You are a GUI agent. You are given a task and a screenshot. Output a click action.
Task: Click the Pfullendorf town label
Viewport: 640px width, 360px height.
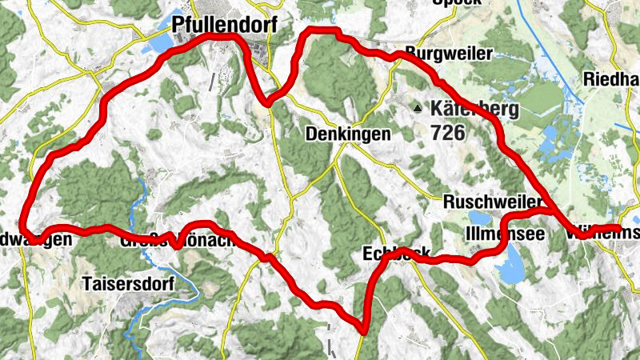pyautogui.click(x=224, y=26)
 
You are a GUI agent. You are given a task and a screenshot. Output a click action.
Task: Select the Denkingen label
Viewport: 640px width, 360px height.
pyautogui.click(x=348, y=134)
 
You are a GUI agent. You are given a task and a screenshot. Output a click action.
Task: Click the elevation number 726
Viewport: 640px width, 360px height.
pyautogui.click(x=447, y=132)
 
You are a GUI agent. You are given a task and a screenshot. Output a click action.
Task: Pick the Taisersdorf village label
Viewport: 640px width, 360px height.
pyautogui.click(x=124, y=282)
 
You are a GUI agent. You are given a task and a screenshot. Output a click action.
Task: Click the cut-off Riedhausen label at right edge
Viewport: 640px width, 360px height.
pyautogui.click(x=612, y=79)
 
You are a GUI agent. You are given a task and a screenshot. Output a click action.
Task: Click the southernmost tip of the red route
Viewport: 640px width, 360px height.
pyautogui.click(x=363, y=330)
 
